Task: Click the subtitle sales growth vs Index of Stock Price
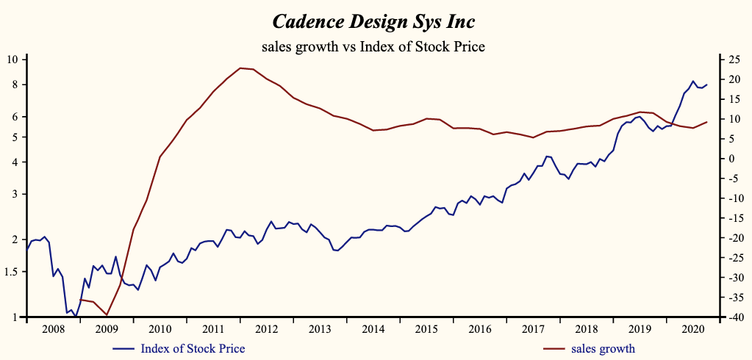pyautogui.click(x=375, y=47)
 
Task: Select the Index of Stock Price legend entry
pyautogui.click(x=192, y=348)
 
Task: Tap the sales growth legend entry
pyautogui.click(x=604, y=348)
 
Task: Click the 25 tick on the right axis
pyautogui.click(x=731, y=59)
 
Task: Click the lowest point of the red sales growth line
pyautogui.click(x=107, y=315)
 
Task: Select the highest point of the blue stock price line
pyautogui.click(x=692, y=81)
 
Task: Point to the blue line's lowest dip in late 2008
pyautogui.click(x=76, y=317)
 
